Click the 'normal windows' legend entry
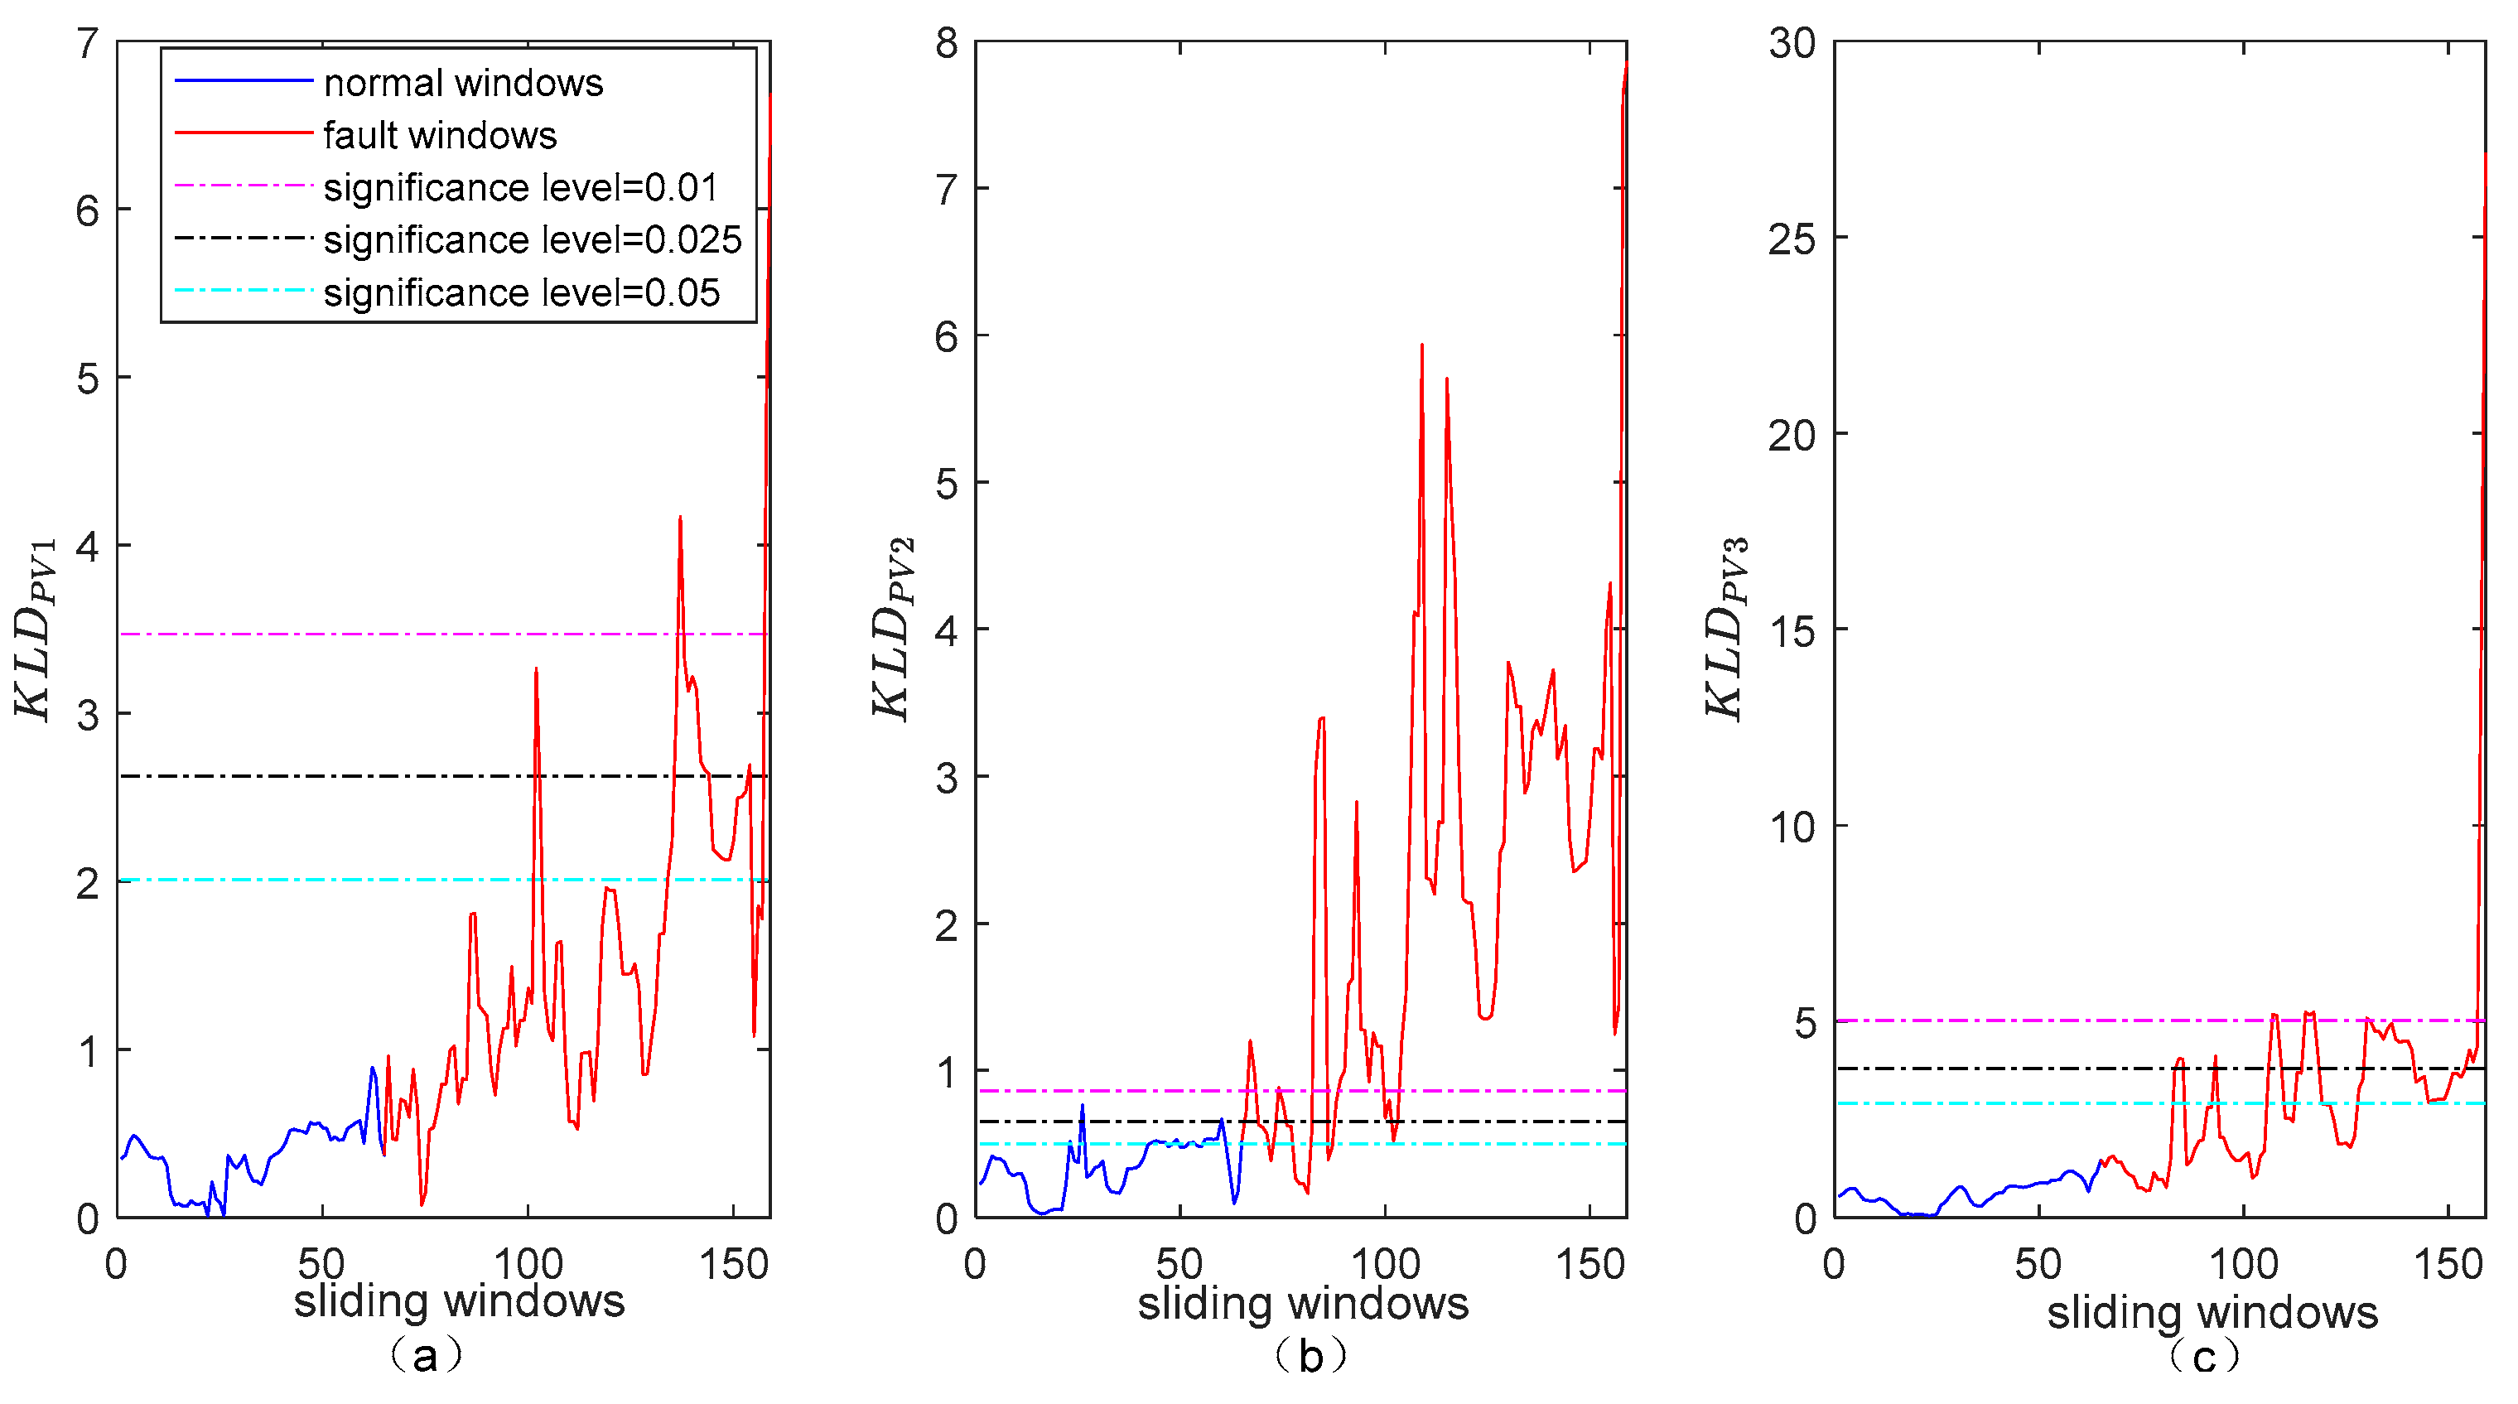462,83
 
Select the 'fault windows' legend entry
439,136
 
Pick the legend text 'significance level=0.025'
532,240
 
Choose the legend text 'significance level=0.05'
521,293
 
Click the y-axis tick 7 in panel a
88,44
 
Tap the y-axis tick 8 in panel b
946,44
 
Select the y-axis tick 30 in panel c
1792,44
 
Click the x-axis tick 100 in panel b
1384,1265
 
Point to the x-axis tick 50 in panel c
2038,1265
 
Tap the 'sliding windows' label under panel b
1303,1305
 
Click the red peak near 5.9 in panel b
1421,345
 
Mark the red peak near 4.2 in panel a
679,519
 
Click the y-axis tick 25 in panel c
1792,239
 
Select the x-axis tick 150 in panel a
733,1265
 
